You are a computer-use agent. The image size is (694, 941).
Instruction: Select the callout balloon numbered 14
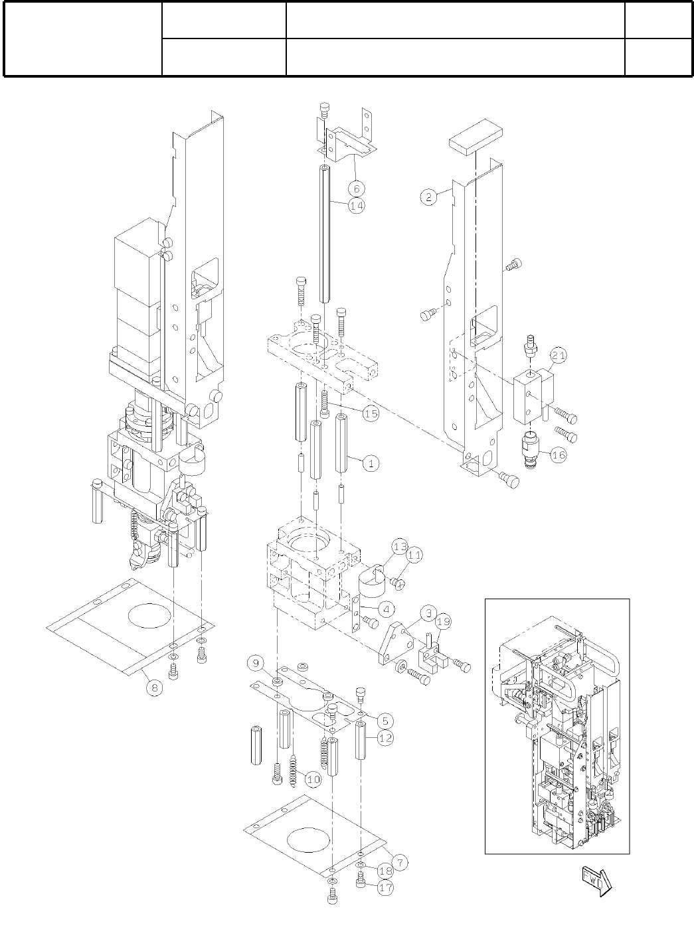point(357,206)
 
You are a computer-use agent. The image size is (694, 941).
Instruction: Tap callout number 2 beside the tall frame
point(428,196)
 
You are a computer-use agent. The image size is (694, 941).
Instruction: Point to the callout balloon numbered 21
point(559,356)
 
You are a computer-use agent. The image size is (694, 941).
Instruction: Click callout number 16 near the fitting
point(559,457)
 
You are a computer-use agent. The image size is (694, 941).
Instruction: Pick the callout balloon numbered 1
point(371,463)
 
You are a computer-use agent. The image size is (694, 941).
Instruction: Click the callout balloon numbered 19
point(444,622)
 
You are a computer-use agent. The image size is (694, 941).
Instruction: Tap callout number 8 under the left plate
point(154,688)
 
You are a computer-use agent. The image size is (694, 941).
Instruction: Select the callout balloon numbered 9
point(254,662)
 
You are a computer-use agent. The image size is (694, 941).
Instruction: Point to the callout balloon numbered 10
point(313,780)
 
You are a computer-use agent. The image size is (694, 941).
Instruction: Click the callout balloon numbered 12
point(385,737)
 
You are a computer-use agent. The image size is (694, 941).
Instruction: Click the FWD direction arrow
point(596,880)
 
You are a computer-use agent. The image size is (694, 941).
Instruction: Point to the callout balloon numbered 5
point(385,720)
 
